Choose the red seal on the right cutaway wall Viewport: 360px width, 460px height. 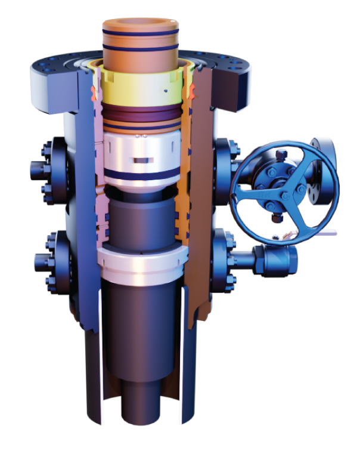[192, 91]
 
